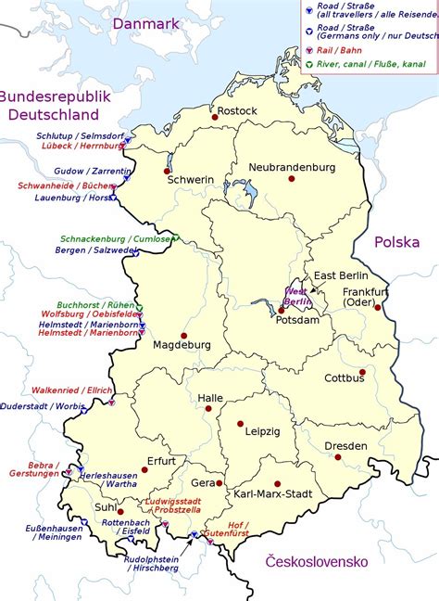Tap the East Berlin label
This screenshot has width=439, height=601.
click(x=341, y=276)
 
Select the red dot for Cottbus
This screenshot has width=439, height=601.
click(x=362, y=372)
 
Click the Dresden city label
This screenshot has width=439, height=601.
click(x=345, y=446)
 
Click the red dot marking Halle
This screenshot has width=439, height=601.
click(x=208, y=408)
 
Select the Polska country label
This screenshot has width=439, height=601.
click(x=397, y=242)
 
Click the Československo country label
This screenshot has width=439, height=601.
click(x=317, y=562)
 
